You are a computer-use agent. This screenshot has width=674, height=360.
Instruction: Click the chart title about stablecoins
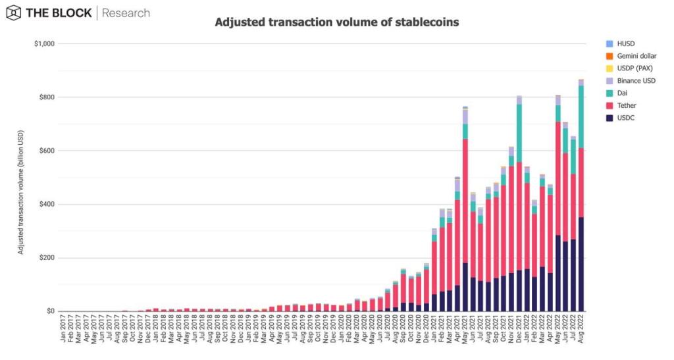point(336,22)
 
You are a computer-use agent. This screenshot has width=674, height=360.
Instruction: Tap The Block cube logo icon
point(13,13)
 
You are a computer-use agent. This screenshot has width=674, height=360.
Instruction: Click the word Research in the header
point(126,13)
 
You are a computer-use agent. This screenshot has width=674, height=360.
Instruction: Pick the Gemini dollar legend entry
point(631,56)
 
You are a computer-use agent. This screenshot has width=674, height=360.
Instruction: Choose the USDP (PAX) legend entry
point(629,68)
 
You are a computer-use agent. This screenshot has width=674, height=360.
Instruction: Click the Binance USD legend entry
point(631,81)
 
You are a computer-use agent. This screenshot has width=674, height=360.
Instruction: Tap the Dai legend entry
point(616,93)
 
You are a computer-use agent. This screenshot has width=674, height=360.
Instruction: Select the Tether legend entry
point(621,106)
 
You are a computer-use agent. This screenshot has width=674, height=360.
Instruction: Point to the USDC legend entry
point(620,118)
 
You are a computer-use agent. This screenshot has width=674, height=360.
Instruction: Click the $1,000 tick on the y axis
point(44,44)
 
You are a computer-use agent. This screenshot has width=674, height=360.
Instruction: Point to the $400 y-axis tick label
point(47,205)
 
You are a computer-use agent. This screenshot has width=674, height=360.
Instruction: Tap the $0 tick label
point(51,311)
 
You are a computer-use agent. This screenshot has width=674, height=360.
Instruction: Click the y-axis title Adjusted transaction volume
point(20,192)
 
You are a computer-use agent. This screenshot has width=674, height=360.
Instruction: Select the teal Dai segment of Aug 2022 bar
point(581,117)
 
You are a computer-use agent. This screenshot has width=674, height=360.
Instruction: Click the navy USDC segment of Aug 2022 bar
point(581,264)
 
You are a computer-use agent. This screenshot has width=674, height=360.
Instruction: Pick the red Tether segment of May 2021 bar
point(465,201)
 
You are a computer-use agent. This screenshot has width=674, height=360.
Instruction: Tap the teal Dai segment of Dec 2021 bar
point(519,133)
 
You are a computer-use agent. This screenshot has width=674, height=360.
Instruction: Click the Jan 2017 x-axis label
point(63,328)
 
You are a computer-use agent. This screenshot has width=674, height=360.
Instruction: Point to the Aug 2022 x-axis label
point(581,328)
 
